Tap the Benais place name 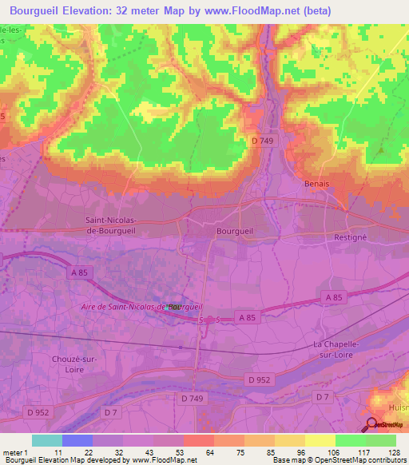pyautogui.click(x=317, y=183)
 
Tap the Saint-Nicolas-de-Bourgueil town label pyautogui.click(x=121, y=225)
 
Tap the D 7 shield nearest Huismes pyautogui.click(x=322, y=396)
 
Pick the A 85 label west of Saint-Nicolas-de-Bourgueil pyautogui.click(x=78, y=273)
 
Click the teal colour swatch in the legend pyautogui.click(x=46, y=440)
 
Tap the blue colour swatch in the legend pyautogui.click(x=77, y=440)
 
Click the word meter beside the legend pyautogui.click(x=14, y=452)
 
